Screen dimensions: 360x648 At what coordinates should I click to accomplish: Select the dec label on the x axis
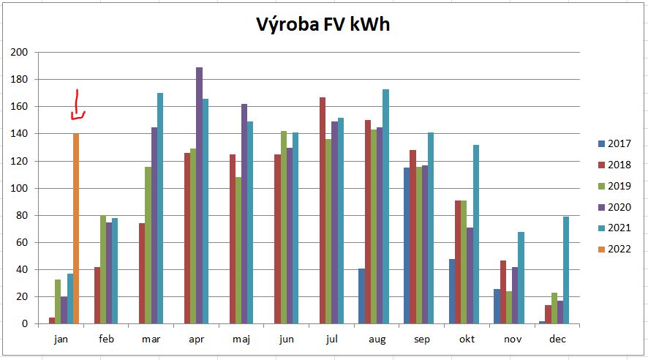pos(558,339)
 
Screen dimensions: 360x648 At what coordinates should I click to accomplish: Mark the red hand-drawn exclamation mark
pos(78,105)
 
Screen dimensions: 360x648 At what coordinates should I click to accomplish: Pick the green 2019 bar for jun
pos(284,228)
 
